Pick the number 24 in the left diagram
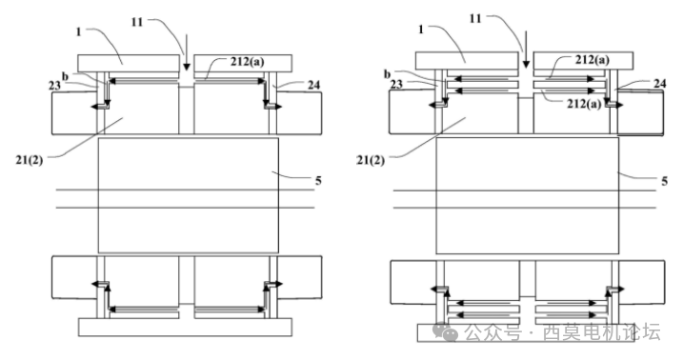point(313,86)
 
